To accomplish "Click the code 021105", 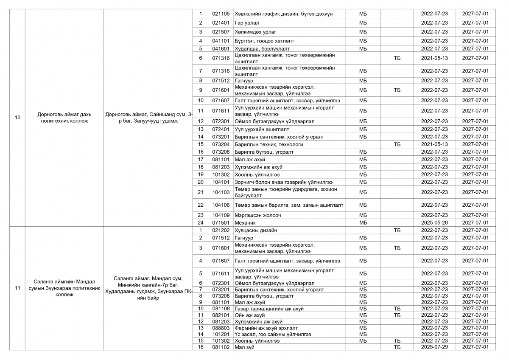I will [221, 14].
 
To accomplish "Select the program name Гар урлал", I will [247, 23].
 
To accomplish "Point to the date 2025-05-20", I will [434, 222].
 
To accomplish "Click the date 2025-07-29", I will [434, 347].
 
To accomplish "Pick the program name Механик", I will [245, 222].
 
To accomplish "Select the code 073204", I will [221, 144].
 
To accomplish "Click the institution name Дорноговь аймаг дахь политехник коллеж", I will [63, 118].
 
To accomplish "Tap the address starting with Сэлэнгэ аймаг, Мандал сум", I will [148, 288].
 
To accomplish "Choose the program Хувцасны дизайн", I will [256, 230].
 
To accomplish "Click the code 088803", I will [221, 328].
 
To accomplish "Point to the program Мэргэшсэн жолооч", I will [257, 215].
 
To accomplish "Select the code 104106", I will [221, 205].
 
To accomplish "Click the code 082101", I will [221, 315].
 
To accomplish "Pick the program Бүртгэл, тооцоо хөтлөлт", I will [264, 41].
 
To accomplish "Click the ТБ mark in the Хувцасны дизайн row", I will [397, 230].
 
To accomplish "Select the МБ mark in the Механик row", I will [363, 222].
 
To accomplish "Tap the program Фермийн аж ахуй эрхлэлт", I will [266, 328].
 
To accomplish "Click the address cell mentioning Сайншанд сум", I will [148, 118].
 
